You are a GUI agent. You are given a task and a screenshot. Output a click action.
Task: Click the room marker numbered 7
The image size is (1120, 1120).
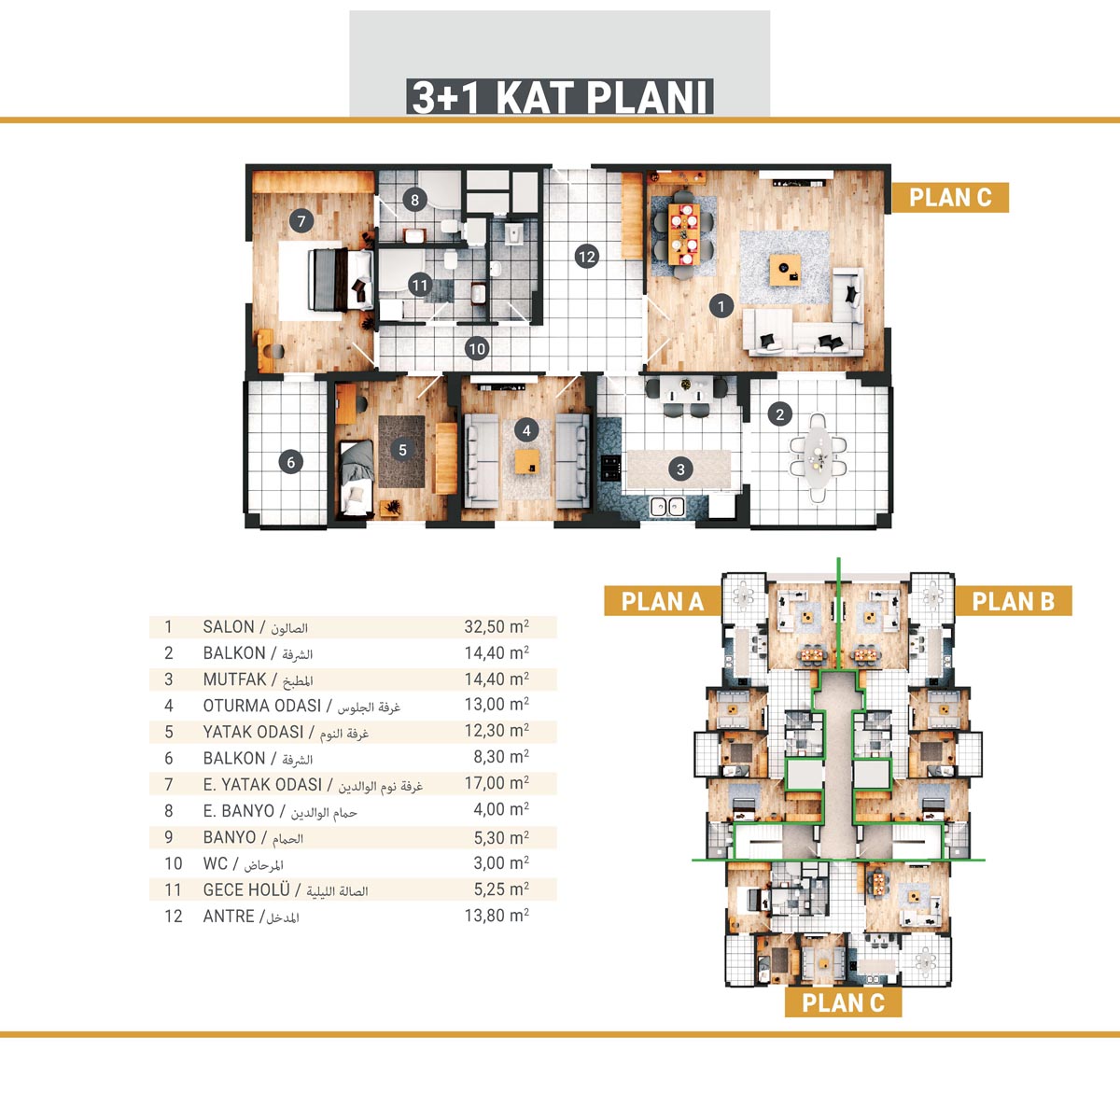(301, 221)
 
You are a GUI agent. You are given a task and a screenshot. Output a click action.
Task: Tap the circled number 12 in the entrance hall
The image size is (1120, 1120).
(587, 257)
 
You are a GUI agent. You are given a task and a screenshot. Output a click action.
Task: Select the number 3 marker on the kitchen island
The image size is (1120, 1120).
(680, 469)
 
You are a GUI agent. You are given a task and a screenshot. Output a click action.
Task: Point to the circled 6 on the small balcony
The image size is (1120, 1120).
(290, 462)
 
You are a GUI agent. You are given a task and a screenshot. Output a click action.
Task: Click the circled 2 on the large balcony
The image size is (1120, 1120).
(780, 414)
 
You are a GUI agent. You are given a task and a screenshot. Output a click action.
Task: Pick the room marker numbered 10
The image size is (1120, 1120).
(477, 349)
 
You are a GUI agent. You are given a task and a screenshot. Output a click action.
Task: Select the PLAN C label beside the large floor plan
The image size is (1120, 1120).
(950, 198)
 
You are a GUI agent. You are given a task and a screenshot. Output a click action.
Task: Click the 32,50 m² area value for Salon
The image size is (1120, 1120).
(497, 627)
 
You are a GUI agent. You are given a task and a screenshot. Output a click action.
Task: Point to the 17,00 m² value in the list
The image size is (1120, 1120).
(497, 783)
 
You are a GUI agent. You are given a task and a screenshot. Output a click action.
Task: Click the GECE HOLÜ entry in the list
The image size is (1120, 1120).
(245, 889)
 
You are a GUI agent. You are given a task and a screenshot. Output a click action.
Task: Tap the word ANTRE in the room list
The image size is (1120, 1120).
(229, 917)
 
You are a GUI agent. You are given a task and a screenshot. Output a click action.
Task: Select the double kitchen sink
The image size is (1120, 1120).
(666, 506)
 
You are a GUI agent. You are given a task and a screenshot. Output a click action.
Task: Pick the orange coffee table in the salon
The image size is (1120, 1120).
(785, 271)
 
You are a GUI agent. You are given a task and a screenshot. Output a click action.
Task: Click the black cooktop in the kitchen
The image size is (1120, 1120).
(610, 468)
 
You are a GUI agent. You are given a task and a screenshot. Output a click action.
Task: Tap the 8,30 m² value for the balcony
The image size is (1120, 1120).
(501, 757)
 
